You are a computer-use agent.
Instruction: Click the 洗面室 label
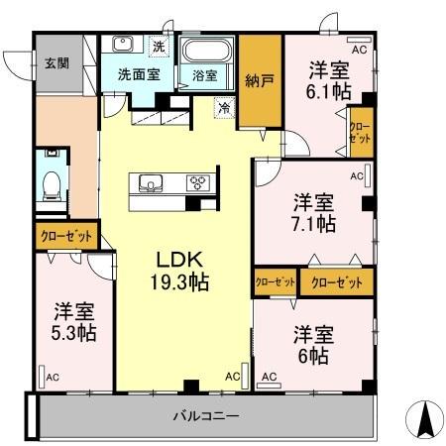click(137, 73)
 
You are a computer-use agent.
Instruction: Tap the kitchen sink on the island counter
click(152, 183)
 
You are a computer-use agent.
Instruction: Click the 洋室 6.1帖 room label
click(325, 79)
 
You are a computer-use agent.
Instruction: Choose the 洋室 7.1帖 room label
click(313, 212)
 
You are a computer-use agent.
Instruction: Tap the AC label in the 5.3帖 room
click(52, 376)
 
